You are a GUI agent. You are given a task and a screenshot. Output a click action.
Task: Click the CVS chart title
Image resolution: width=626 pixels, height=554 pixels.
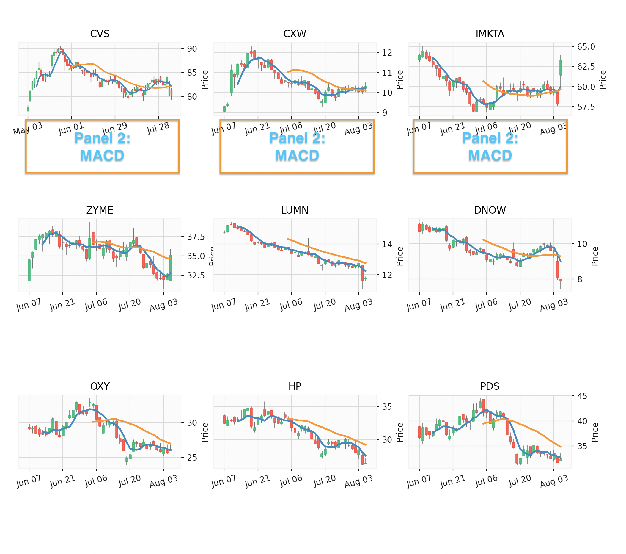coord(100,34)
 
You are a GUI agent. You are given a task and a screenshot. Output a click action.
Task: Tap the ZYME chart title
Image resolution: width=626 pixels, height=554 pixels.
coord(100,210)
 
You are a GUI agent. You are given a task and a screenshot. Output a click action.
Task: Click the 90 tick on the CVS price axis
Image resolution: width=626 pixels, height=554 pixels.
coord(192,49)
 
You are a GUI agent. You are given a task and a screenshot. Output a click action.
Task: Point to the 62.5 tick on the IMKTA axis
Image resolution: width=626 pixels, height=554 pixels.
coord(586,67)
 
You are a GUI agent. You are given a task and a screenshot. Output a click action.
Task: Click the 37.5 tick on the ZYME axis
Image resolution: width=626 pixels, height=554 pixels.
coord(196,237)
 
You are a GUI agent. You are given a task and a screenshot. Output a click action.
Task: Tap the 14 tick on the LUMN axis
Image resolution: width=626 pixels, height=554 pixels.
coord(387,244)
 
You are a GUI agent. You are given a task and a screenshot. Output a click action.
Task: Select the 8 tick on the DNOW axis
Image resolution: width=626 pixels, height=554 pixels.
coord(580,279)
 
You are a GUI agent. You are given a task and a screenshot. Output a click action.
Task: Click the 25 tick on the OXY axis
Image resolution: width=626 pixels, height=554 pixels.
coord(192,457)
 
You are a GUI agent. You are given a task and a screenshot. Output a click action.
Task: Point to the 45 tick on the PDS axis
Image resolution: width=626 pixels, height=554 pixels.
coord(582,396)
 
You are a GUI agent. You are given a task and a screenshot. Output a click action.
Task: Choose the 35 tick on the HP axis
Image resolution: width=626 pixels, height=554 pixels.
coord(387,407)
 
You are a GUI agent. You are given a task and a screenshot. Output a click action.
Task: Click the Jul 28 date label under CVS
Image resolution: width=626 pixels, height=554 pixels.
coord(158,128)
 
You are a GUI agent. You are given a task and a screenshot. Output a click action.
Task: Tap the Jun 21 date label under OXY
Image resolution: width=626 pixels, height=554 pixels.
coord(62,481)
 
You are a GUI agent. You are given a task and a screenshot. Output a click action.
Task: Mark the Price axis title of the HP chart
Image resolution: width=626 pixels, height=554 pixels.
coord(400,432)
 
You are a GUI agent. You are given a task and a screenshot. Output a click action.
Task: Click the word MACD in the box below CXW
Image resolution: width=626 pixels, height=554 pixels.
coord(297,155)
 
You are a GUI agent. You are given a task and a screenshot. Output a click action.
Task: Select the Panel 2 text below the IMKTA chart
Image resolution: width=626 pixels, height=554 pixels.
coord(490,138)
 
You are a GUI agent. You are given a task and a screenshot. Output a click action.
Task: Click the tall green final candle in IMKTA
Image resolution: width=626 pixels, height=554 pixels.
coord(561,68)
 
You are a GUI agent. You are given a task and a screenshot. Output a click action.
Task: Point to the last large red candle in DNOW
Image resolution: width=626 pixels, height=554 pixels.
coord(557,270)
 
